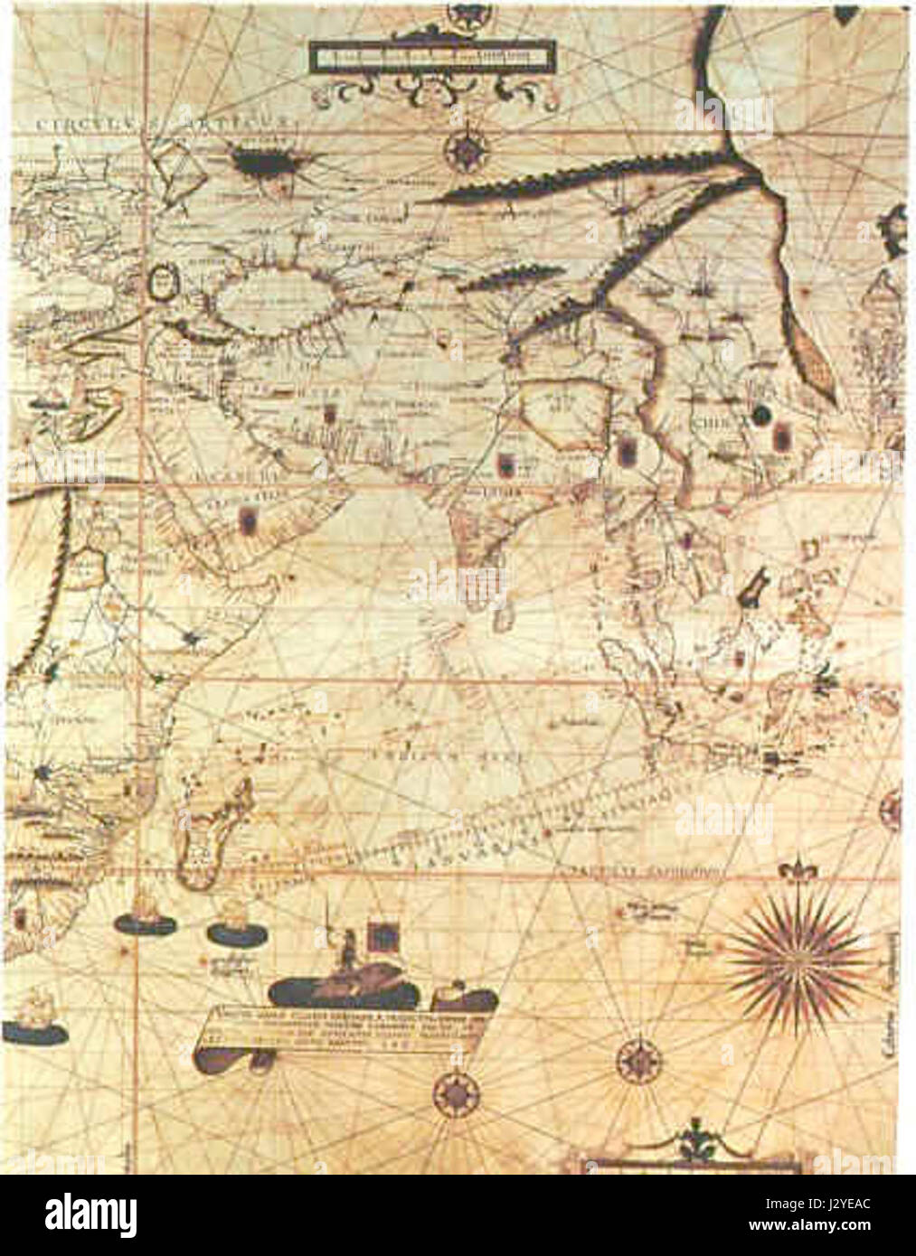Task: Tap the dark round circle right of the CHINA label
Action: pyautogui.click(x=761, y=414)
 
